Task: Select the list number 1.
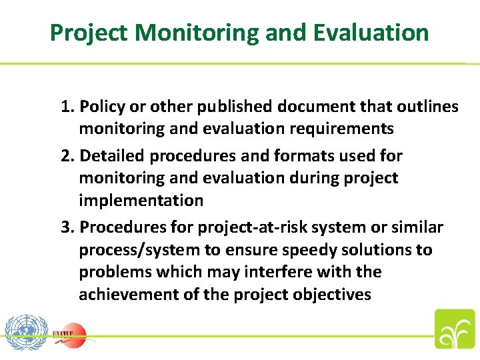[x=67, y=107]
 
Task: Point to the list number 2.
[x=67, y=156]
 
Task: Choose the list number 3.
[x=67, y=228]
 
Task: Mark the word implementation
[x=141, y=200]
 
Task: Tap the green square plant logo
[x=455, y=329]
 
